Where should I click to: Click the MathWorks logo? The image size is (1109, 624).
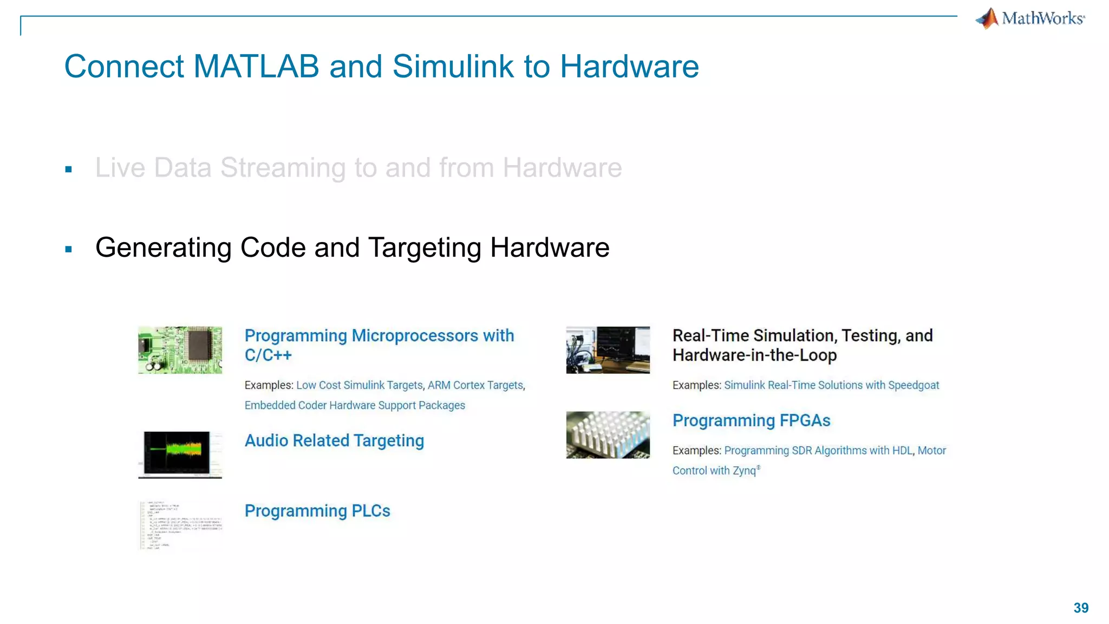pyautogui.click(x=1030, y=18)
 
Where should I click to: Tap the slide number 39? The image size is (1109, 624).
pyautogui.click(x=1081, y=608)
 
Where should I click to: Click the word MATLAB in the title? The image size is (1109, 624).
pyautogui.click(x=256, y=67)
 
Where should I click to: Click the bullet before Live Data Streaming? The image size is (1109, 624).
pyautogui.click(x=69, y=170)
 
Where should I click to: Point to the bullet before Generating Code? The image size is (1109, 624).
pyautogui.click(x=69, y=249)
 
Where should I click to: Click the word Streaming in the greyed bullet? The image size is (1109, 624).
pyautogui.click(x=283, y=168)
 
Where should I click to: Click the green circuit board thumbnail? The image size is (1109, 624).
pyautogui.click(x=180, y=350)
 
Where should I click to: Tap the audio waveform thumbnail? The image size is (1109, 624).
pyautogui.click(x=180, y=454)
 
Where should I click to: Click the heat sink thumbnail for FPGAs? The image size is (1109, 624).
pyautogui.click(x=608, y=434)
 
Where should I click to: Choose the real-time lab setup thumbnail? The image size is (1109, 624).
pyautogui.click(x=608, y=350)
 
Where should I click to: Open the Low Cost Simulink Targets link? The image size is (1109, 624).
pyautogui.click(x=359, y=385)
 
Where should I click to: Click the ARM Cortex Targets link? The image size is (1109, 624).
pyautogui.click(x=475, y=385)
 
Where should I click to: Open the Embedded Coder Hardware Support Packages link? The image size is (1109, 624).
pyautogui.click(x=355, y=405)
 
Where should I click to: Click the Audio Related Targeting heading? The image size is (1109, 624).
pyautogui.click(x=334, y=441)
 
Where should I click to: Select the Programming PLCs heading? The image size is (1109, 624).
pyautogui.click(x=317, y=511)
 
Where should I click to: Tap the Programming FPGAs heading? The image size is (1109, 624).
pyautogui.click(x=751, y=420)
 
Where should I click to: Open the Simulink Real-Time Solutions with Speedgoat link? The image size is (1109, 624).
pyautogui.click(x=831, y=385)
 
